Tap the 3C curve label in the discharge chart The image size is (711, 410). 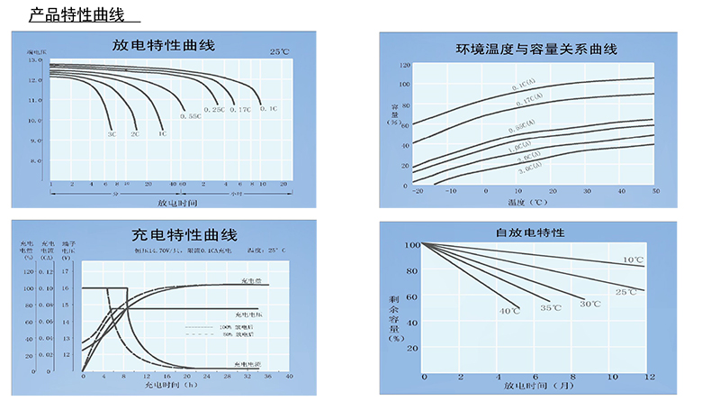112,133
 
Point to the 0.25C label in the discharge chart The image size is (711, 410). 214,110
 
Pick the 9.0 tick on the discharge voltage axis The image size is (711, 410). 36,141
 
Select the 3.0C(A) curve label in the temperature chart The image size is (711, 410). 527,166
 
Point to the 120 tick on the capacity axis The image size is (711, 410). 404,66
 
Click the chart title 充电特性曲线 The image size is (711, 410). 172,234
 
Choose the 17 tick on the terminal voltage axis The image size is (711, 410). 65,270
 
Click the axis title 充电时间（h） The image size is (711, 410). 173,385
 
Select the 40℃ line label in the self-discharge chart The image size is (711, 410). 509,311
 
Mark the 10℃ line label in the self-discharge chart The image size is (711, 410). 633,260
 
